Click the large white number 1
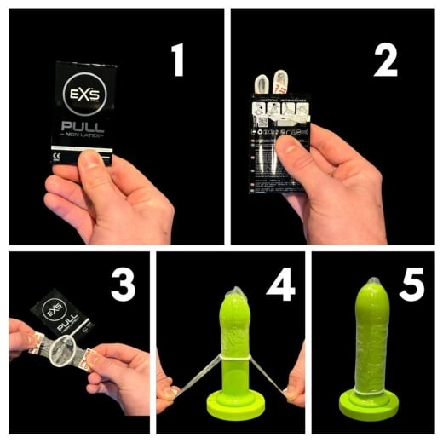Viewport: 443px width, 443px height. coord(177,60)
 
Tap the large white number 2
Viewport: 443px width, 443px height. coord(386,60)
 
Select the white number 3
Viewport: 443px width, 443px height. coord(122,286)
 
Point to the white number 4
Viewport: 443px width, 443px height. coord(279,286)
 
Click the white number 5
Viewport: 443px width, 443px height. coord(411,286)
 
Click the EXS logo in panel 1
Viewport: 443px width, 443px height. coord(83,90)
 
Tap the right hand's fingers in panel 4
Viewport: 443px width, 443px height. coord(293,390)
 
